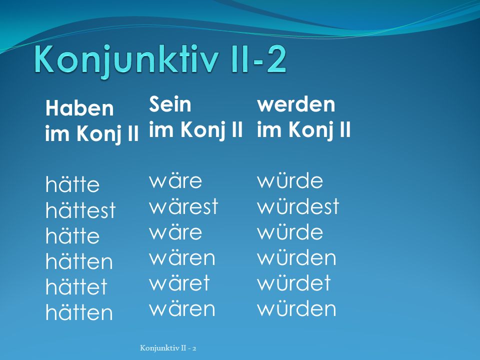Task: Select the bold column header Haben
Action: tap(79, 108)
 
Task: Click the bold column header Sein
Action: tap(170, 104)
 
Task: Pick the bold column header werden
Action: tap(296, 104)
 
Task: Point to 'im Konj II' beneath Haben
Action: tap(92, 133)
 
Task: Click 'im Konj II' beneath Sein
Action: tap(196, 129)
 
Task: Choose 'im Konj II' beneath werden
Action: tap(304, 129)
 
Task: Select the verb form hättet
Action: tap(76, 286)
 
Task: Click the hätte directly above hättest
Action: tap(72, 184)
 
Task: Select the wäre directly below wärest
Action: tap(175, 232)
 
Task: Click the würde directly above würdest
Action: tap(290, 180)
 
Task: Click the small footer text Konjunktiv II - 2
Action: tap(168, 348)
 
